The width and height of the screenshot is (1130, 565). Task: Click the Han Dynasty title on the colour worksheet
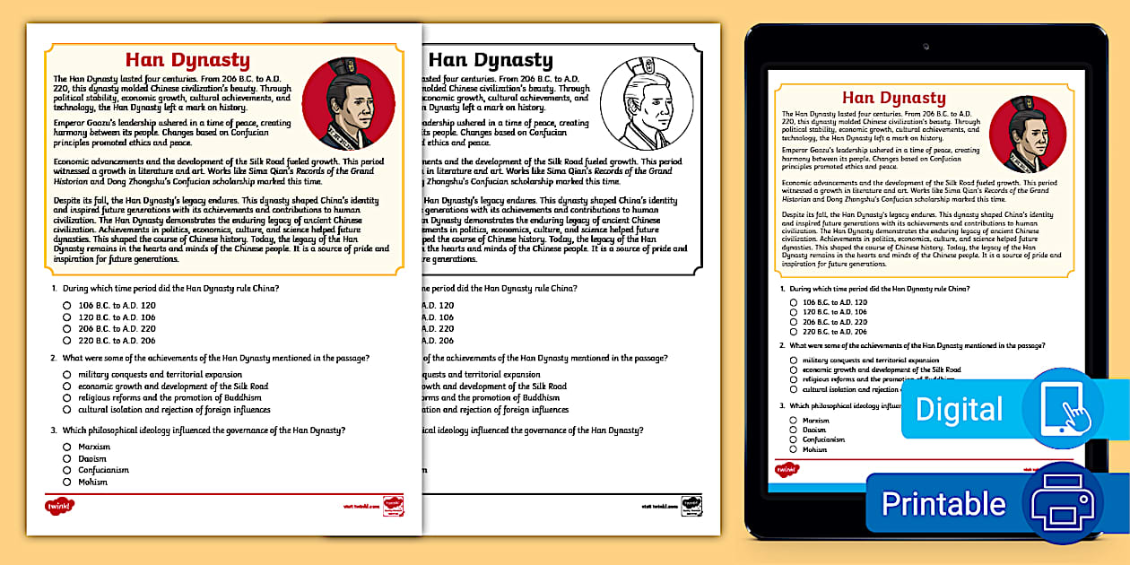coord(187,60)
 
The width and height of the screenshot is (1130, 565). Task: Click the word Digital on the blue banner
coord(959,409)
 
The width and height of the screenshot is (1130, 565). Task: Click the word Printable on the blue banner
coord(943,503)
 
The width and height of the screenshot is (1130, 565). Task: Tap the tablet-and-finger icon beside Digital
coord(1063,408)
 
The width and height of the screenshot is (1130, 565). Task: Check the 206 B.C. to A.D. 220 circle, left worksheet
coord(67,329)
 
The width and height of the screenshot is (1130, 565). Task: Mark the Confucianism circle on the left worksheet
coord(67,470)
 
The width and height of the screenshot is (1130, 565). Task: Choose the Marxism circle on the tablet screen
coord(794,420)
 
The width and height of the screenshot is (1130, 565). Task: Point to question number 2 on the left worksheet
coord(56,358)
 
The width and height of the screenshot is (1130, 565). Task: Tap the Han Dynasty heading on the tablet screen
coord(893,98)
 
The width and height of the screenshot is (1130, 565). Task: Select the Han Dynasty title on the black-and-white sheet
coord(490,60)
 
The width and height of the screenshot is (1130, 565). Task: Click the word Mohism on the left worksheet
coord(92,482)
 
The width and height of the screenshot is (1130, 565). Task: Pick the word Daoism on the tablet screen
coord(814,430)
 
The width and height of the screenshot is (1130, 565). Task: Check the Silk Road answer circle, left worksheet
coord(67,387)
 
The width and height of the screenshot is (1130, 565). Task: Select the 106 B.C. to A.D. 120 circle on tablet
coord(794,302)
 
